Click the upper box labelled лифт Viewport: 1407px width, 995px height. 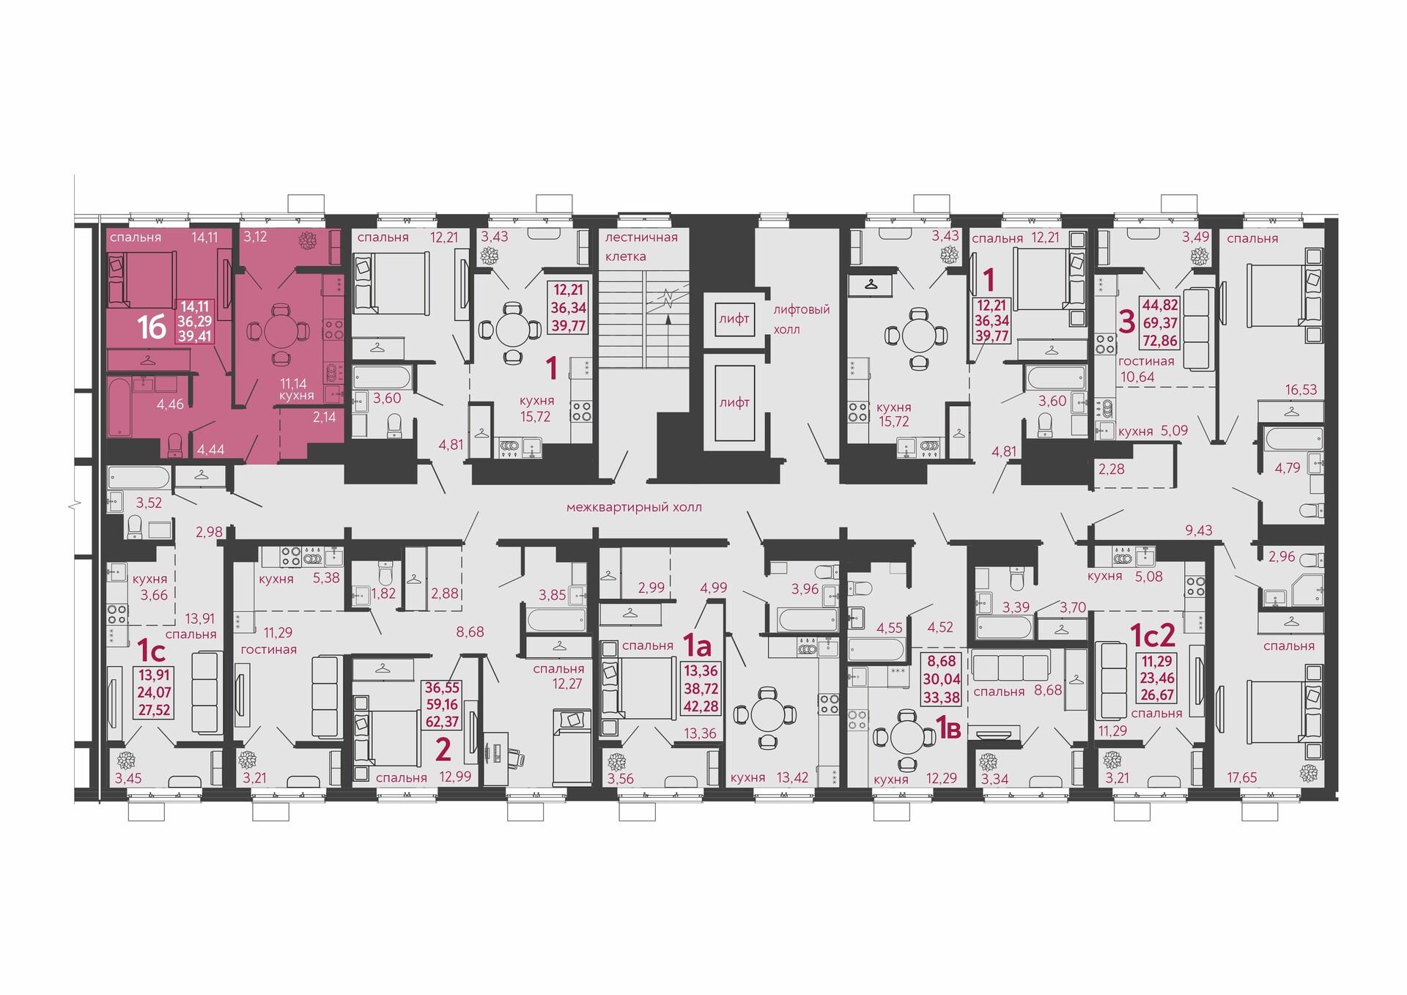pos(734,319)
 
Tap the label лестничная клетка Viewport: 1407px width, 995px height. pos(641,247)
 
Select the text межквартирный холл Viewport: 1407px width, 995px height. pos(634,507)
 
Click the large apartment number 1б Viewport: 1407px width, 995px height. pos(152,327)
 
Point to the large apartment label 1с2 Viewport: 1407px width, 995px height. pos(1153,635)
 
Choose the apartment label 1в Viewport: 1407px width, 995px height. pos(949,729)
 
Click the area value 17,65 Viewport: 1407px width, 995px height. pos(1242,777)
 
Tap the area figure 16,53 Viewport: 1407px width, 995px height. pos(1301,390)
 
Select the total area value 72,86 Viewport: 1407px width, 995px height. pos(1160,340)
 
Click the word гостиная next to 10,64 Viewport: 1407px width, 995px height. pos(1146,361)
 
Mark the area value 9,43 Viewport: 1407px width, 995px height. pos(1199,530)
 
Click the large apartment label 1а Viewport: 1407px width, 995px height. pos(697,646)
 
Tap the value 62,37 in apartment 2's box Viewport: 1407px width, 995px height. pos(442,722)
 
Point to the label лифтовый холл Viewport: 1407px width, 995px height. pos(802,319)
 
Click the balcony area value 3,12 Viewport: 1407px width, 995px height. pos(255,237)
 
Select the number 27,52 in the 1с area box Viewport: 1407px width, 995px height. pos(154,710)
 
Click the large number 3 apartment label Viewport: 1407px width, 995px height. pos(1127,322)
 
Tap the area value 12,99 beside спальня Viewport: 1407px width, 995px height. pos(455,777)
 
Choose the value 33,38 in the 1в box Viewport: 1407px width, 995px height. pos(941,697)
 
